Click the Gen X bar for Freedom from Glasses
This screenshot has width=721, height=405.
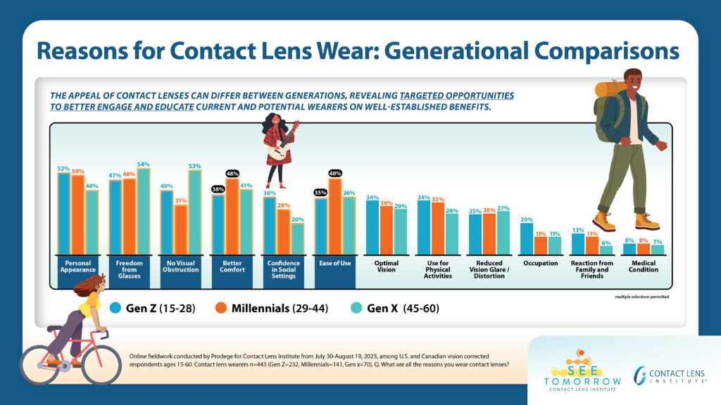(143, 212)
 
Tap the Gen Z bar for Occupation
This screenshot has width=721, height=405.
(526, 239)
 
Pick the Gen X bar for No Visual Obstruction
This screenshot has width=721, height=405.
(194, 212)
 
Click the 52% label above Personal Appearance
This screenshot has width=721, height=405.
(63, 169)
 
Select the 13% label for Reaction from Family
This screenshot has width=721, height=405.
(577, 230)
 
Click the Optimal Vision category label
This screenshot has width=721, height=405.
(386, 266)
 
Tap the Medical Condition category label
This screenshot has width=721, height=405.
(644, 266)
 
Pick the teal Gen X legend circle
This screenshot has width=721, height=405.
(356, 307)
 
